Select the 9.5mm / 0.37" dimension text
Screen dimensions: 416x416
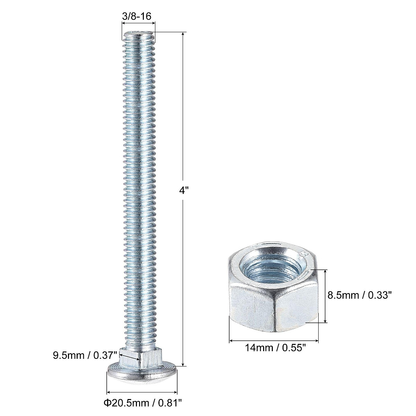click(84, 355)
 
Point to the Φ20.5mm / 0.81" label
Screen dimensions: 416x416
click(142, 402)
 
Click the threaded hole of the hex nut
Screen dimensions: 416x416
click(274, 267)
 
